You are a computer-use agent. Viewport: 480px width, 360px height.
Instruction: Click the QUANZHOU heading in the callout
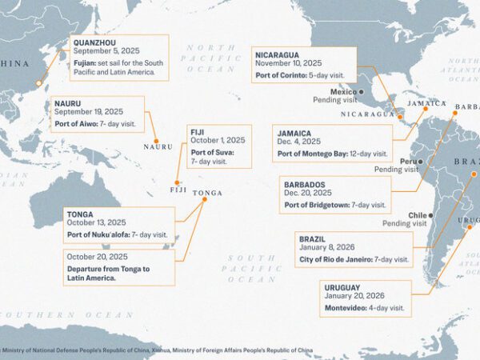tap(94, 42)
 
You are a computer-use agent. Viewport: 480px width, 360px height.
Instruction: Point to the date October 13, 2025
tap(97, 222)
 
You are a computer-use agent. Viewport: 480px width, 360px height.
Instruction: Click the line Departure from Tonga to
tap(108, 269)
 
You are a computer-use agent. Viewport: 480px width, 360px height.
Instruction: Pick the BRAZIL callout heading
tap(312, 239)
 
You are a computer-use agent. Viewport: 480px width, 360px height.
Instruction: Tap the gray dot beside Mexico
tap(361, 92)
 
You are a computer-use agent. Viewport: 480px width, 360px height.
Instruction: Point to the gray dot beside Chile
tap(431, 215)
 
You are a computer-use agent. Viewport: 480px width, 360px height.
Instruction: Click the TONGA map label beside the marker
tap(208, 193)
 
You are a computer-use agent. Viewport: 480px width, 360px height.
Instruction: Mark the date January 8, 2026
tap(326, 250)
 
